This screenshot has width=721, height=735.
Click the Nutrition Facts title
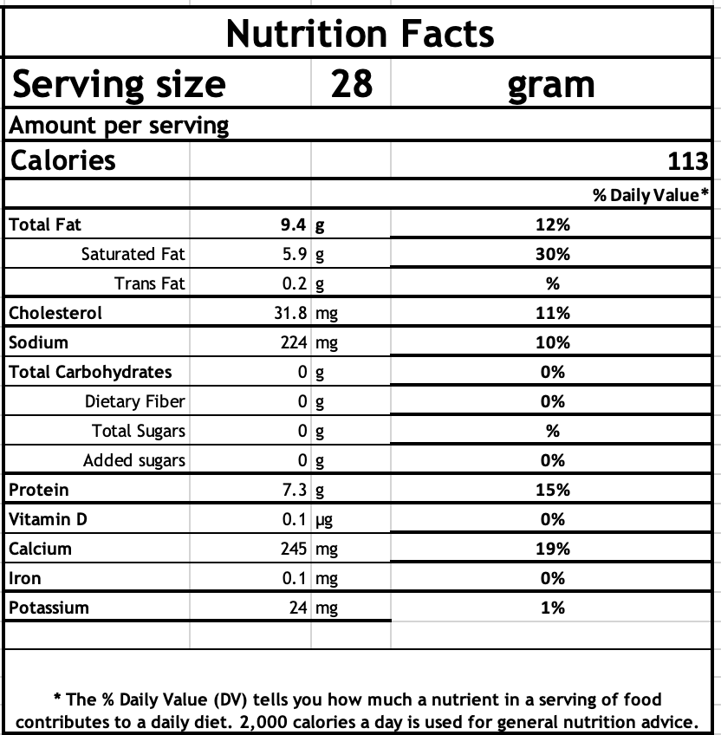coord(360,34)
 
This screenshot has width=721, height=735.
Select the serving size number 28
coord(351,84)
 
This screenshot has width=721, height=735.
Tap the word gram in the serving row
coord(551,84)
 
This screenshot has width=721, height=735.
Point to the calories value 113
coord(689,161)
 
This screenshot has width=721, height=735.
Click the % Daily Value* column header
coord(652,195)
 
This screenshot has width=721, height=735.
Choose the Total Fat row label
coord(45,225)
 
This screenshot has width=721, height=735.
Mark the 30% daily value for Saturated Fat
coord(552,255)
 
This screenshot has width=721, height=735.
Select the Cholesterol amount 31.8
coord(289,314)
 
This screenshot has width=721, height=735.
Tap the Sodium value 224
coord(294,343)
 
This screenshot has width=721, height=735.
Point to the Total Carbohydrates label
coord(90,373)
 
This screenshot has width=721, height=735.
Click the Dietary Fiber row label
coord(134,402)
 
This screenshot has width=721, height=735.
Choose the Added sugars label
coord(133,461)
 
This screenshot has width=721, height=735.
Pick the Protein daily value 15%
coord(552,491)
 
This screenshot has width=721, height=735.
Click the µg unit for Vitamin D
coord(323,520)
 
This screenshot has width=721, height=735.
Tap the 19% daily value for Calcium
coord(552,550)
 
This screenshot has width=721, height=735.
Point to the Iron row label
coord(24,579)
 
